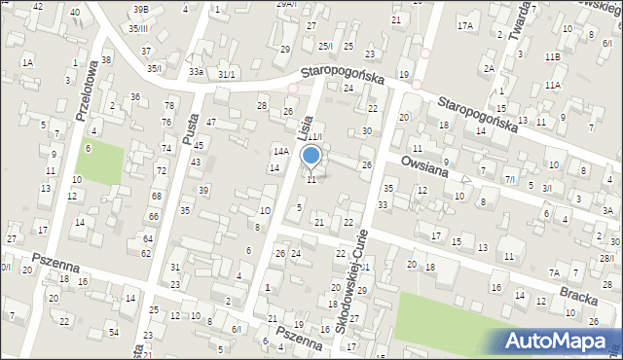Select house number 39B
141,9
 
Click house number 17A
466,25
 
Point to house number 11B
553,57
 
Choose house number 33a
197,72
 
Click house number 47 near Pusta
210,122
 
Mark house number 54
113,333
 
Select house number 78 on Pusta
168,105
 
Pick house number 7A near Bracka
554,273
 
